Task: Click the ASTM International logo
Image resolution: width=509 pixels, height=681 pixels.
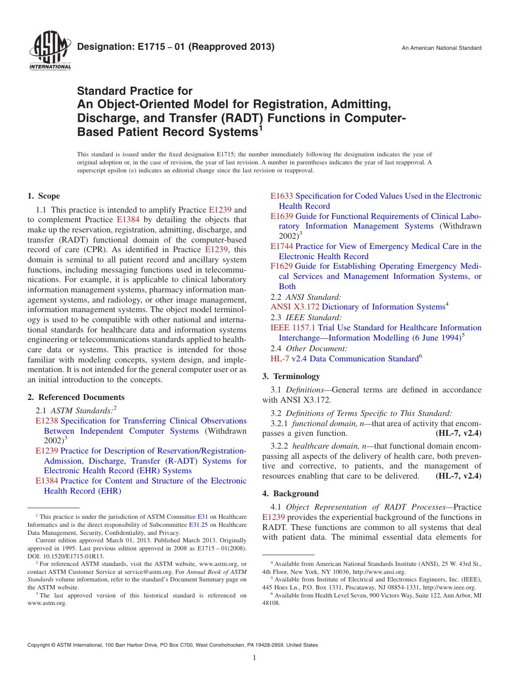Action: (49, 51)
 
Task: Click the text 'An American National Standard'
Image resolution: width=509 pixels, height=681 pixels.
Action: (441, 48)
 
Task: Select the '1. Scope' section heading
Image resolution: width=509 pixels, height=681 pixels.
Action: (44, 196)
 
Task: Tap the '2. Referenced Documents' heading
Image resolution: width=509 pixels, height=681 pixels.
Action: (76, 397)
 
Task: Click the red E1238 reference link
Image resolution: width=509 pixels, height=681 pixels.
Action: (47, 421)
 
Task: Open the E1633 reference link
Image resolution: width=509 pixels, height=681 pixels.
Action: (282, 196)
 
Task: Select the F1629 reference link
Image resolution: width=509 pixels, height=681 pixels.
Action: (281, 266)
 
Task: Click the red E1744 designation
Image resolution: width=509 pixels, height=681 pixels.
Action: (282, 246)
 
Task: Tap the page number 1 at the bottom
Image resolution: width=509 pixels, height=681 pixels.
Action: (254, 658)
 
